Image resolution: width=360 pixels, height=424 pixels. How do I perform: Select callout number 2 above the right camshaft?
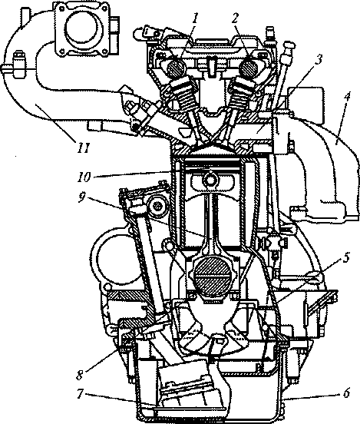235,19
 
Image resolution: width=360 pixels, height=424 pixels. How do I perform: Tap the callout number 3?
319,60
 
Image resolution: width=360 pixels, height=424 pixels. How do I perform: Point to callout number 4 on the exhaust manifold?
347,98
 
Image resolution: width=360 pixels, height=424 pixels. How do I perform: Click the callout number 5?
346,257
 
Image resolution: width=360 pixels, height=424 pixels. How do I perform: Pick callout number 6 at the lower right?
347,393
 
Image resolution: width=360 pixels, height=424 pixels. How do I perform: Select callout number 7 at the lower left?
80,394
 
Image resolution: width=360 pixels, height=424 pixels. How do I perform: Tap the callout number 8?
79,375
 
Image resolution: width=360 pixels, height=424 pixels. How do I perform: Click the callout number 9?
81,197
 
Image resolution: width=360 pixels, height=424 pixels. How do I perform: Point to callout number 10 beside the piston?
84,177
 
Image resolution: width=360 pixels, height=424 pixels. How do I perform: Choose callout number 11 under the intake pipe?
83,148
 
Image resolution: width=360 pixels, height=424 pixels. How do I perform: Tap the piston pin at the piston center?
210,179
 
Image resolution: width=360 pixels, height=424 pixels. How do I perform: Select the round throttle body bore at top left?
83,28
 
